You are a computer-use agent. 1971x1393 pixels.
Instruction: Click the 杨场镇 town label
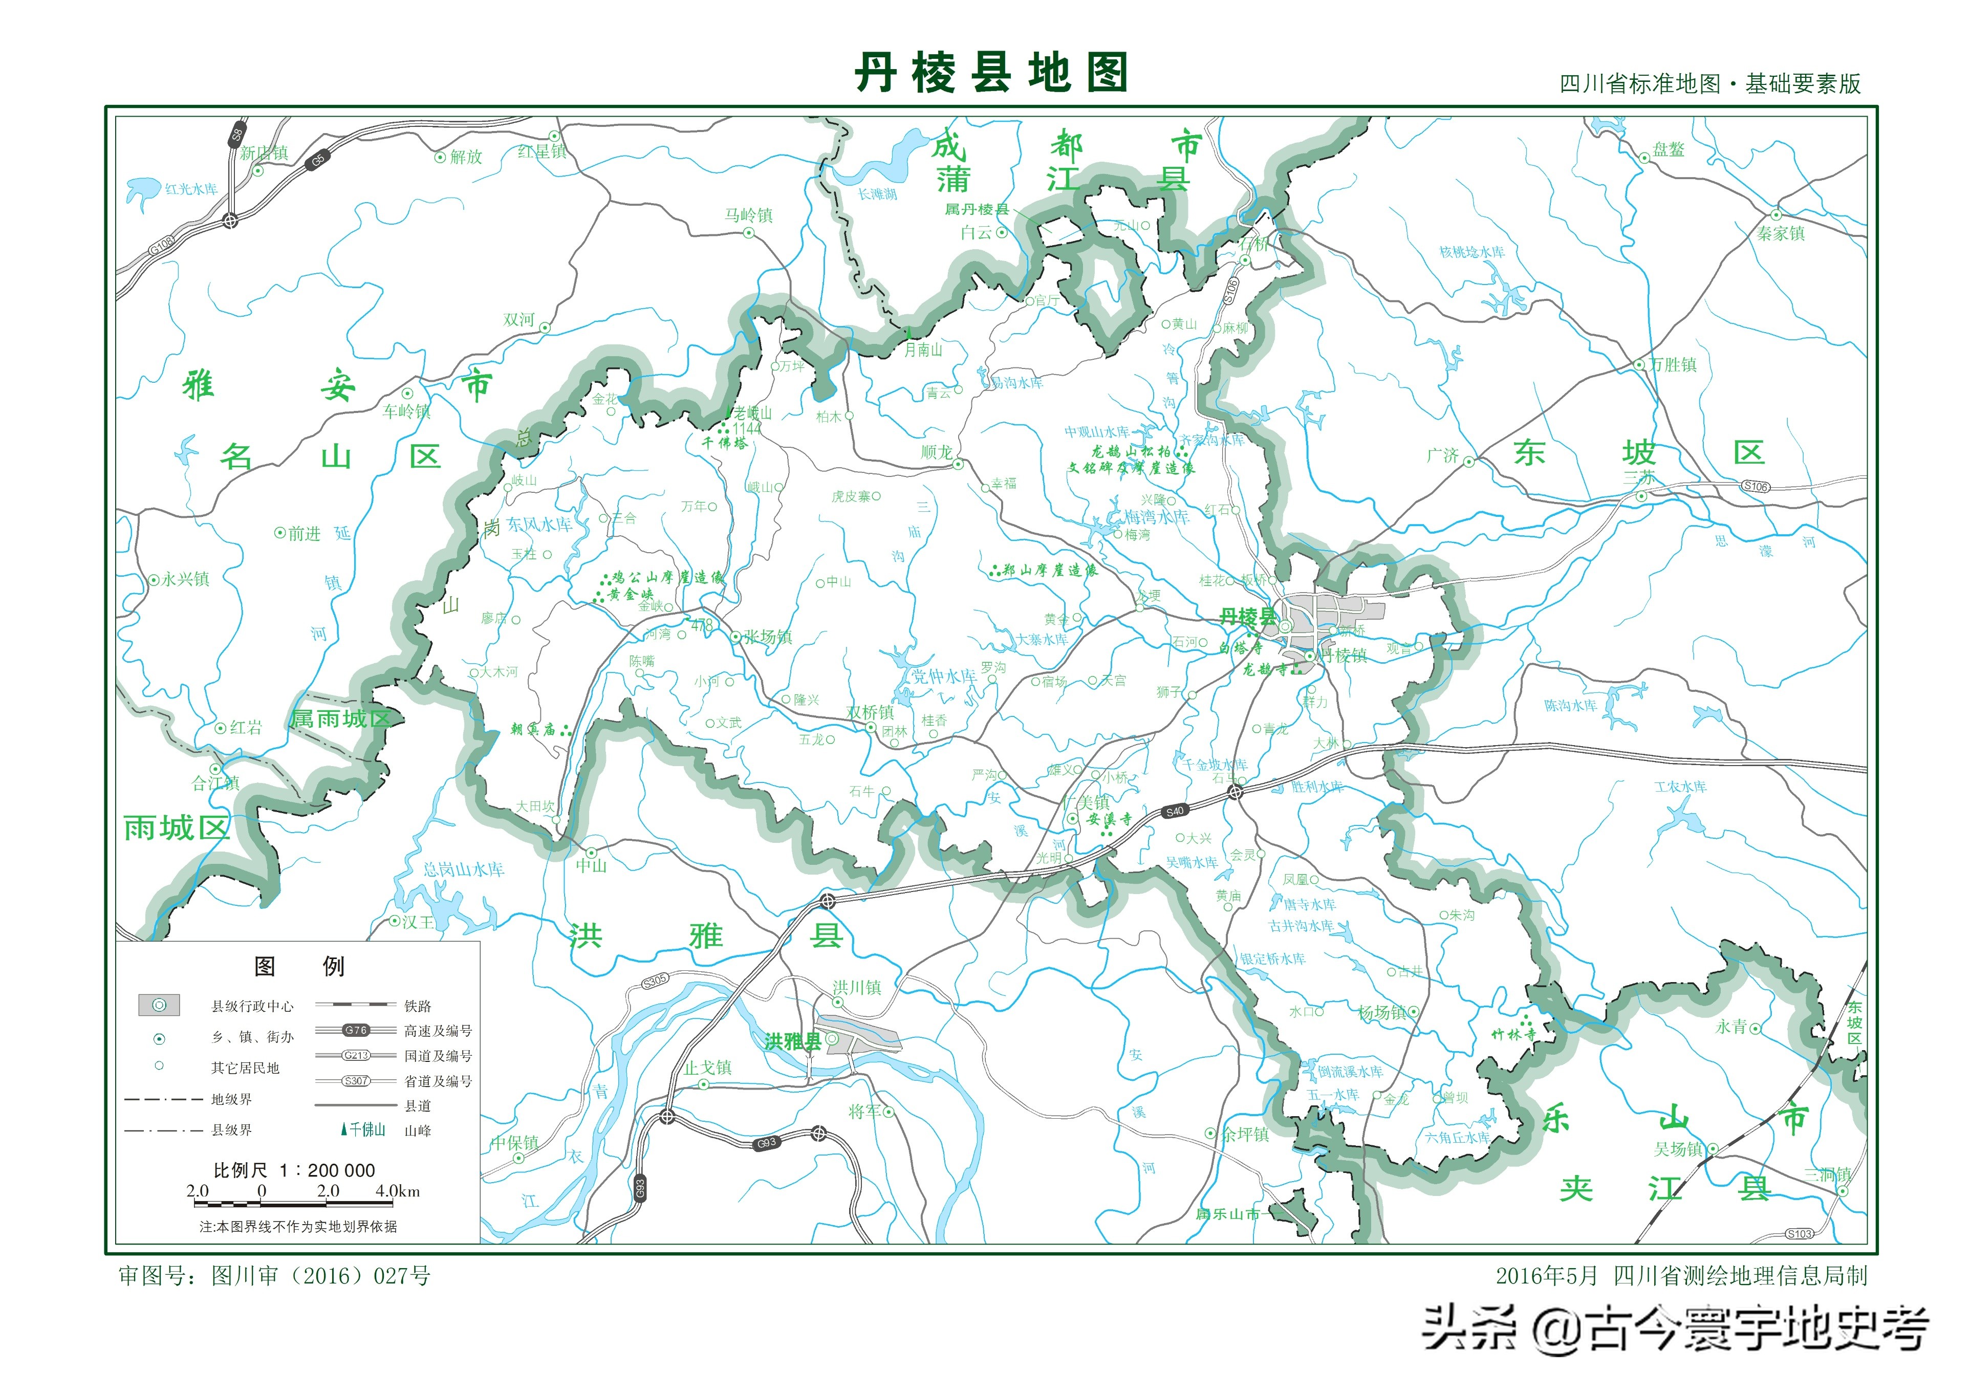click(1381, 1012)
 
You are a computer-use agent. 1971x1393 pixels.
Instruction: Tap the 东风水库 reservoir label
click(539, 524)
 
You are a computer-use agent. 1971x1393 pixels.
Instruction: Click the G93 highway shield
click(766, 1143)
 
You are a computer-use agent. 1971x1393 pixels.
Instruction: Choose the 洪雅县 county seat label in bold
click(792, 1041)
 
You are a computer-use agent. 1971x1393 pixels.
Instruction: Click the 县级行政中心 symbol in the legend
click(159, 1005)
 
